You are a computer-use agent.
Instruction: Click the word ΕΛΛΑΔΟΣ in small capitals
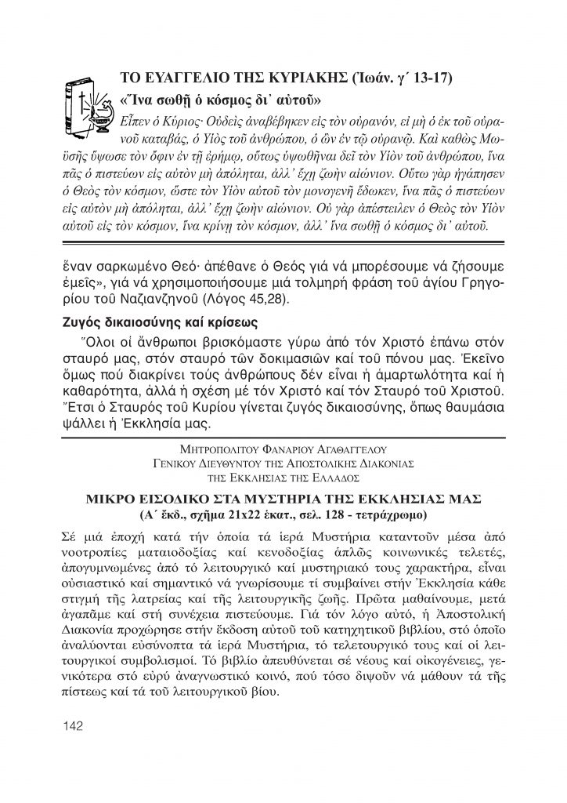336,475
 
